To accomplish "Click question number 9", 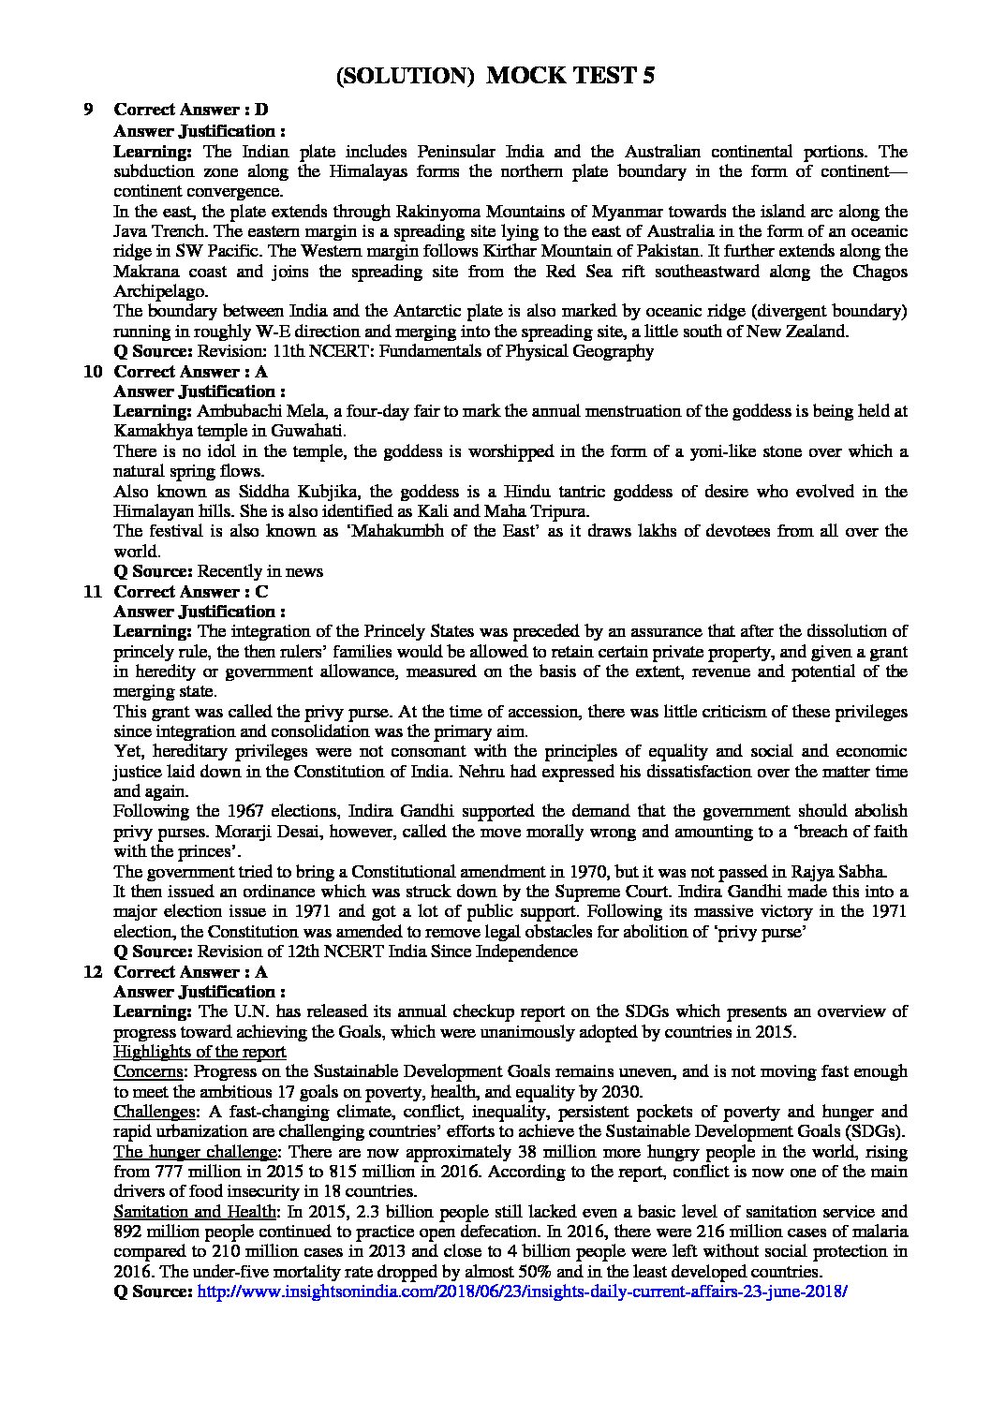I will click(88, 111).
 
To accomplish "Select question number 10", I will click(92, 371).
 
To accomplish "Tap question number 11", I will click(92, 591).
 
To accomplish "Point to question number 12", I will click(92, 971).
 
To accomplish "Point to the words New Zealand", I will click(857, 332).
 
